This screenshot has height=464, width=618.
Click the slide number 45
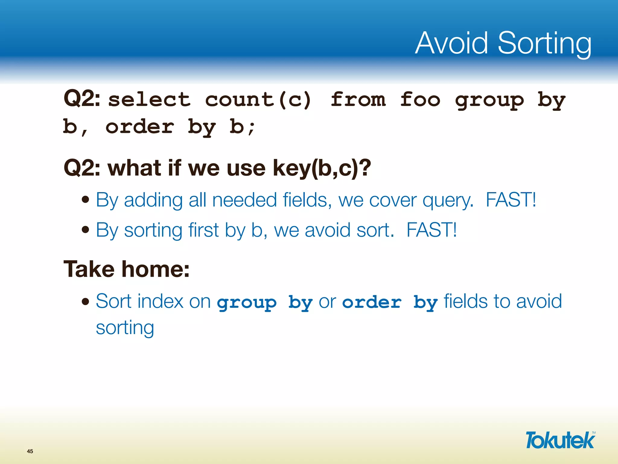[x=30, y=451]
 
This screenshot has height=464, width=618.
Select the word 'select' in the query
[x=149, y=100]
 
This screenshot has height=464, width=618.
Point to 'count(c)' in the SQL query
[x=258, y=100]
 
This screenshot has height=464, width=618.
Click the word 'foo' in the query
[x=420, y=100]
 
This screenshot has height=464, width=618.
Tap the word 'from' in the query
[x=358, y=100]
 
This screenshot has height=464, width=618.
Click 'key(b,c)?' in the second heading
[x=322, y=168]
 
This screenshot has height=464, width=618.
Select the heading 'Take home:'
[x=126, y=269]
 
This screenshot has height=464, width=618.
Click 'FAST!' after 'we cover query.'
[x=511, y=200]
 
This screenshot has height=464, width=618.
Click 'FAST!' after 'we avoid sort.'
[x=432, y=230]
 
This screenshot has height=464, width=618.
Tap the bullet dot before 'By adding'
[x=86, y=200]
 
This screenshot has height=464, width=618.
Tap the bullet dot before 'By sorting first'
[x=86, y=230]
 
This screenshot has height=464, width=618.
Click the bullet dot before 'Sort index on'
[x=86, y=301]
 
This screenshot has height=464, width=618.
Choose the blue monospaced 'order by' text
[x=390, y=302]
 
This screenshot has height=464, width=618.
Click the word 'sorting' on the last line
[x=125, y=328]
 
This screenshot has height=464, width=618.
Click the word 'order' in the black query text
[x=140, y=127]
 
